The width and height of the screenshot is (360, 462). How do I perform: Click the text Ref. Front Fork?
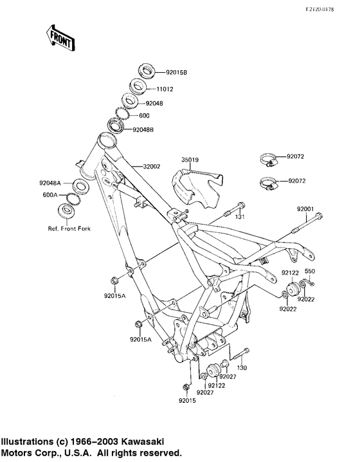coord(65,229)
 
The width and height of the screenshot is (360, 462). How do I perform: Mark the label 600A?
coord(50,194)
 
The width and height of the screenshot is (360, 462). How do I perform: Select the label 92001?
coord(305,209)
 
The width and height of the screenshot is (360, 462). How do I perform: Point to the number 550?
coord(309,271)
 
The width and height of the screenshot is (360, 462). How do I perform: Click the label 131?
coord(240,217)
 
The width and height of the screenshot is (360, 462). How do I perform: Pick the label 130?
coord(242,367)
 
